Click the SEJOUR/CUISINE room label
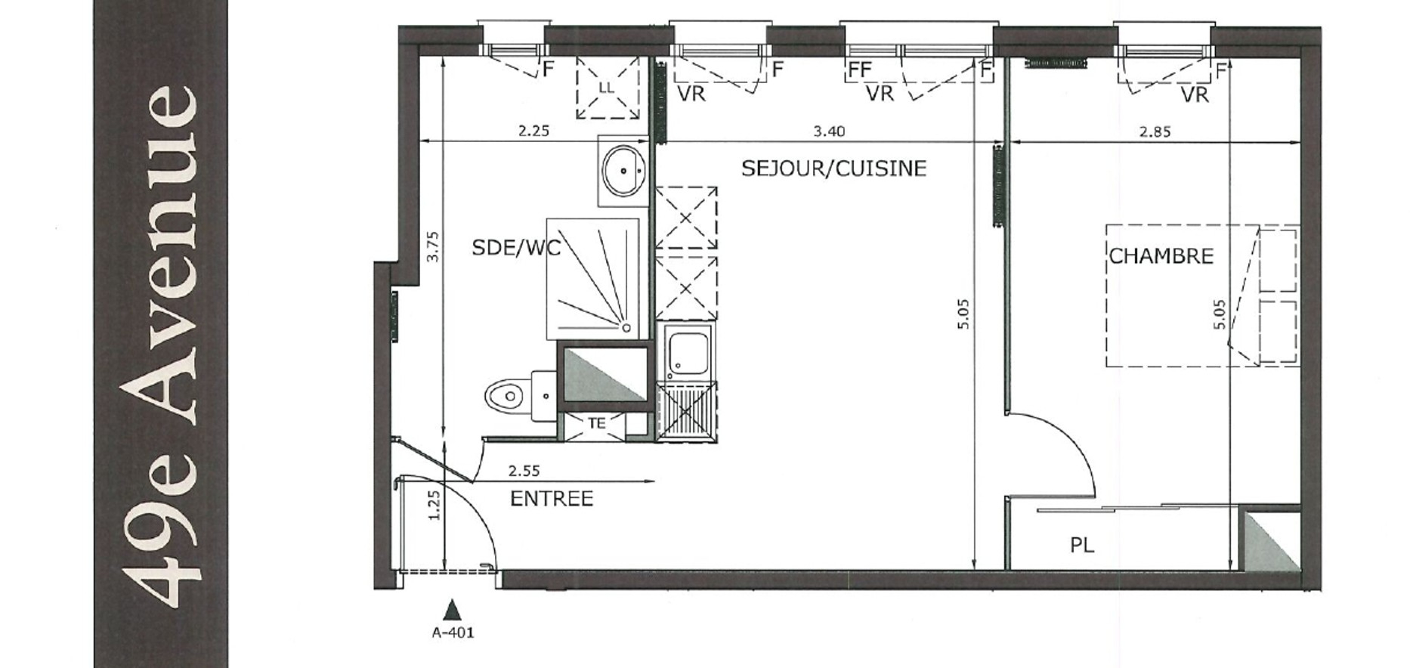[833, 168]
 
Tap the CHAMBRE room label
[1161, 256]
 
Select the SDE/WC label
[516, 248]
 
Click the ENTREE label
[552, 499]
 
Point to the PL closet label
[1082, 545]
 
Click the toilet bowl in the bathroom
[505, 395]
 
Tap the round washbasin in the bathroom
[623, 170]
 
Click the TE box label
[597, 424]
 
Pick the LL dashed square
[608, 87]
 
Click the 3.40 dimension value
[829, 131]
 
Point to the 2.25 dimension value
[533, 131]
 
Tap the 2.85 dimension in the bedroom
[1155, 131]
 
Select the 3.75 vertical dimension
[432, 246]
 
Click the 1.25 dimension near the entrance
[433, 506]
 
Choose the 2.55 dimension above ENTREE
[524, 470]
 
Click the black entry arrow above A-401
[452, 610]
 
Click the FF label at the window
[860, 70]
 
